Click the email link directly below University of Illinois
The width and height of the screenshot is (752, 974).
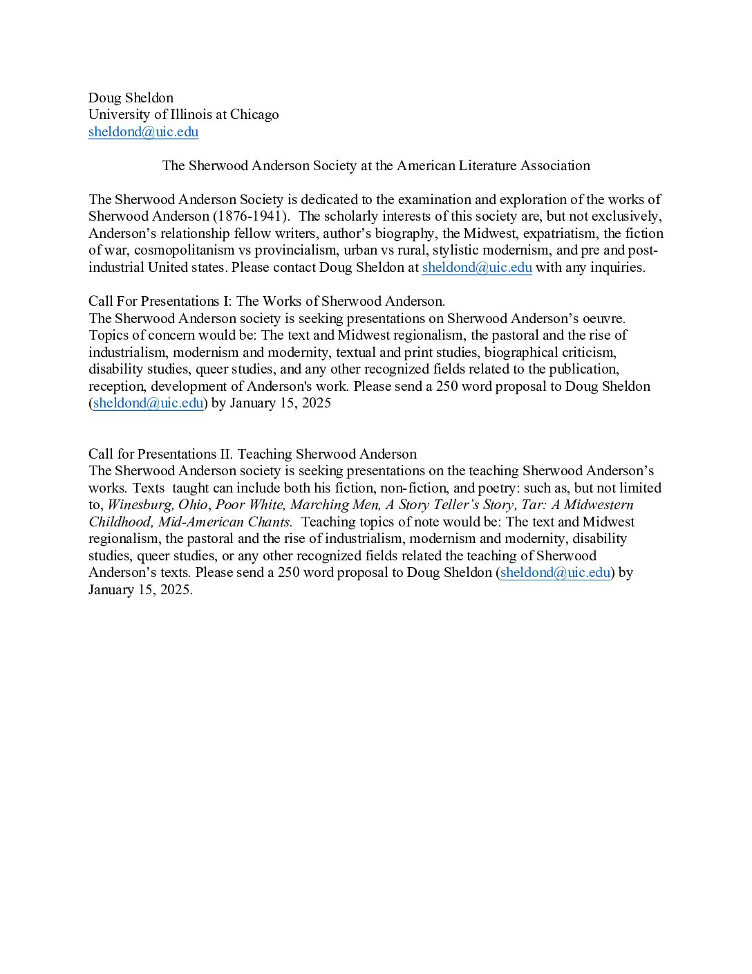point(143,132)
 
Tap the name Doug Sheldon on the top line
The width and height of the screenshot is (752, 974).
point(131,98)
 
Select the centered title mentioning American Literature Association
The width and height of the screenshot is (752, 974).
point(376,166)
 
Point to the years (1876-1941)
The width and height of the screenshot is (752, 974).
point(251,217)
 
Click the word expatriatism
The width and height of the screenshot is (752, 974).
point(558,234)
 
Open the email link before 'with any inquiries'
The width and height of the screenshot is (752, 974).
point(477,268)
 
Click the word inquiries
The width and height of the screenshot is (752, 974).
point(614,268)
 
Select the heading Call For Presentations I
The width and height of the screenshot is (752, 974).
point(266,302)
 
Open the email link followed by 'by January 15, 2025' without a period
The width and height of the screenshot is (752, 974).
point(148,403)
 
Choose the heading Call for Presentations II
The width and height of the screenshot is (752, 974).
point(252,454)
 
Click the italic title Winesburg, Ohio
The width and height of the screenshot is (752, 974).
point(157,505)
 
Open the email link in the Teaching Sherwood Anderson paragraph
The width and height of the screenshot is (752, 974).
point(555,573)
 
